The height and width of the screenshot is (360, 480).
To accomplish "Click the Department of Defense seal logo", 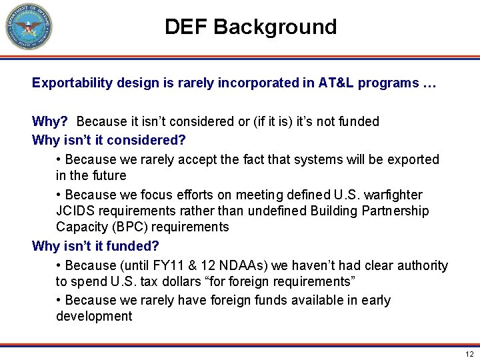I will click(28, 27).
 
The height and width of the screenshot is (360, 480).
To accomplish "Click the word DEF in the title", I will click(187, 27).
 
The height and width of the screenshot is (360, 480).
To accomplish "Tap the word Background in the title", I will click(275, 27).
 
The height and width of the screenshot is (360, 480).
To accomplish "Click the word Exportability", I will click(71, 84).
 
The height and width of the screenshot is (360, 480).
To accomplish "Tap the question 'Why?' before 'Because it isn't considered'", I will click(51, 122).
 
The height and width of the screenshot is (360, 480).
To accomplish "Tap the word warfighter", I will click(390, 195).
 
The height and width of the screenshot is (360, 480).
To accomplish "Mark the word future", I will click(109, 176).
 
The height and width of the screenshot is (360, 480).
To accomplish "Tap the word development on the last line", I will click(94, 317).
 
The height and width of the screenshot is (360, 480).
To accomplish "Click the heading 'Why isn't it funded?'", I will click(96, 247).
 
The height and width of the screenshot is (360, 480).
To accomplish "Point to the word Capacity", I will click(81, 227).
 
